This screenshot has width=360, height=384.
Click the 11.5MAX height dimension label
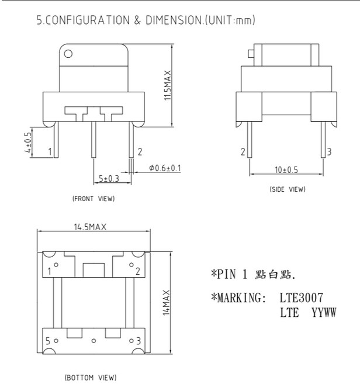(x=168, y=85)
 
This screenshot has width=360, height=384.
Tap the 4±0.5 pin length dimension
(x=29, y=143)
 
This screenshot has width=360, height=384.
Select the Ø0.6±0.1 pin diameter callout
(x=165, y=168)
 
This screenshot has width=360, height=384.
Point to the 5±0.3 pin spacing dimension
(x=109, y=178)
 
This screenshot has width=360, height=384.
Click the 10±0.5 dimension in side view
(x=286, y=169)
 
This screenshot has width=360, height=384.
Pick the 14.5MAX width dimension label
(x=91, y=227)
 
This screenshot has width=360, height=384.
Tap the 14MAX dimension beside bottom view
(x=167, y=303)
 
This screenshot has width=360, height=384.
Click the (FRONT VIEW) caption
(x=94, y=198)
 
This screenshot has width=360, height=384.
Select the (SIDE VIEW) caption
(x=288, y=189)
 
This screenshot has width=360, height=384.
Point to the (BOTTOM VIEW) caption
(x=91, y=378)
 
